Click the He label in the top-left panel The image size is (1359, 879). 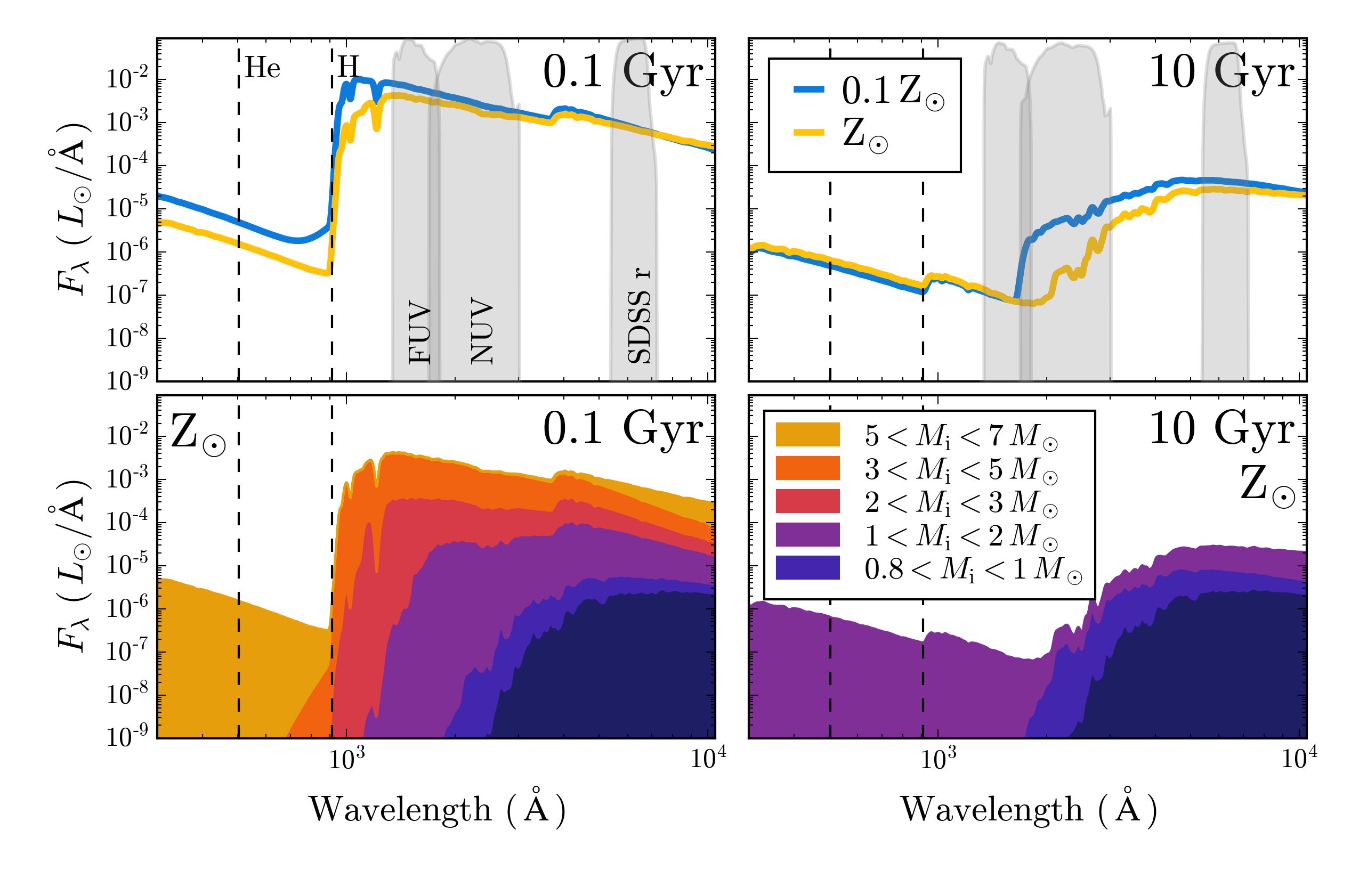tap(262, 69)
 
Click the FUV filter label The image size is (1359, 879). tap(420, 332)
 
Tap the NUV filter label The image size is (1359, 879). tap(481, 331)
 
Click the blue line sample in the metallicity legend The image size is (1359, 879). tap(809, 89)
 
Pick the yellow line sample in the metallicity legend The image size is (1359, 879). tap(809, 133)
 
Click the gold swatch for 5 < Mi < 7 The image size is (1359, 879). tap(807, 435)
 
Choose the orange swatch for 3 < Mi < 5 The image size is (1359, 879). tap(807, 468)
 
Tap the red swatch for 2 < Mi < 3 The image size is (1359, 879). tap(807, 502)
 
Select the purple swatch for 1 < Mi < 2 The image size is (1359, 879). tap(807, 535)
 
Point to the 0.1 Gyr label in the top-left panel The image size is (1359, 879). tap(623, 73)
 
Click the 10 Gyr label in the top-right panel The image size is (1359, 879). tap(1222, 73)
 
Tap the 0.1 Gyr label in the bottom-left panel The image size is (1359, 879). tap(623, 429)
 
